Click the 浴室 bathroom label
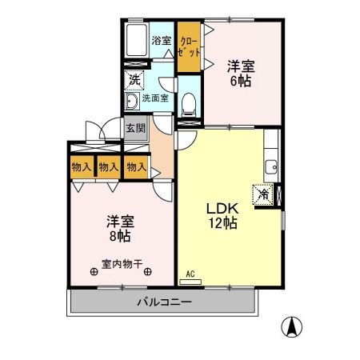161,40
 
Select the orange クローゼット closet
189,45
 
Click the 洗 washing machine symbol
134,80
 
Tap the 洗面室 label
154,98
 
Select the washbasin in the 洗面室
131,101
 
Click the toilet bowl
189,101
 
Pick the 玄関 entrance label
134,127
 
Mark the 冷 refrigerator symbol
262,193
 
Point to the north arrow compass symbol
294,326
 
